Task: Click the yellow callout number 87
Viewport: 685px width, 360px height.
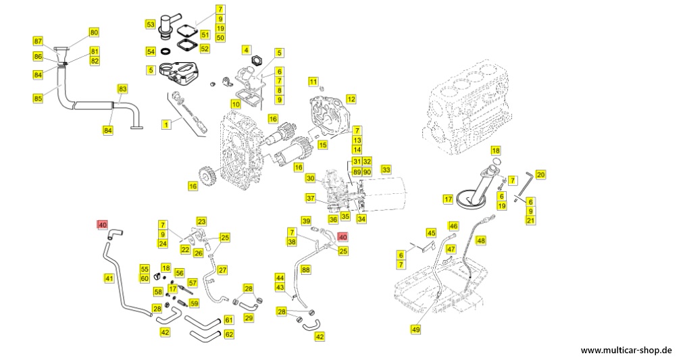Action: tap(38, 41)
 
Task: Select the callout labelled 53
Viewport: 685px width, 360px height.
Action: tap(150, 24)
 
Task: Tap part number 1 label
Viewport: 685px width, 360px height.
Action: tap(165, 124)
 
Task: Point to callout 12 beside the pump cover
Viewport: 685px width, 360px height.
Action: tap(351, 99)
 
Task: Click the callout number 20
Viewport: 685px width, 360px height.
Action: tap(540, 174)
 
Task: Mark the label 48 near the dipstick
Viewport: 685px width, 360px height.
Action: tap(480, 240)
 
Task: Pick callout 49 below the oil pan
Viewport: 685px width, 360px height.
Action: tap(415, 329)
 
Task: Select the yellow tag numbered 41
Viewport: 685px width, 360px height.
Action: tap(109, 277)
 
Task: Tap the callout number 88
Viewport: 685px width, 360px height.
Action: tap(305, 269)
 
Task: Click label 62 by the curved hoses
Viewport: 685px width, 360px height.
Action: tap(229, 334)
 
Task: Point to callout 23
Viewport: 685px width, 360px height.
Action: tap(201, 222)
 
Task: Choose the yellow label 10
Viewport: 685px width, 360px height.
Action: tap(235, 104)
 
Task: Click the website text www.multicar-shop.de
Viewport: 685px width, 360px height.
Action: tap(626, 351)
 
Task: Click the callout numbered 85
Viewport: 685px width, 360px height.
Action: tap(38, 98)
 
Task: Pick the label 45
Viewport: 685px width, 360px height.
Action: tap(431, 233)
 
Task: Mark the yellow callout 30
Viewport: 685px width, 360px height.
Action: tap(310, 178)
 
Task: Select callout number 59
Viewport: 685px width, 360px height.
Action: tap(194, 303)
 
